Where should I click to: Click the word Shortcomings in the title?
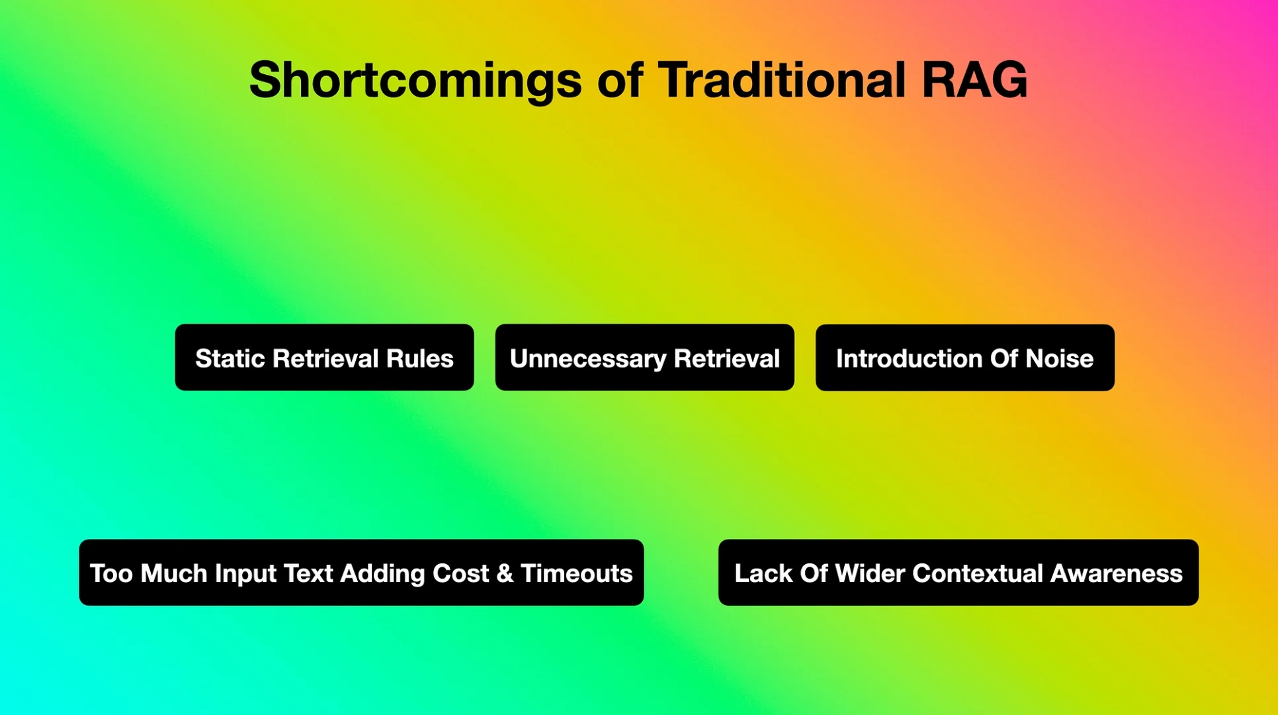coord(415,81)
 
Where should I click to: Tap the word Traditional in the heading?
coord(781,81)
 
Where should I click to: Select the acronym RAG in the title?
coord(974,81)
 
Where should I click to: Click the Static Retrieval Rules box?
coord(324,358)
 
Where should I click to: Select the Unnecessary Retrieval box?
coord(644,358)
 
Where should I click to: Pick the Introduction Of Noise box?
coord(964,358)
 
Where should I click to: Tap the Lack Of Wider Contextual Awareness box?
coord(958,573)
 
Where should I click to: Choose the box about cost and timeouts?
coord(361,573)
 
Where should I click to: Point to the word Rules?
coord(420,359)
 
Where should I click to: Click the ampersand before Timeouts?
coord(505,573)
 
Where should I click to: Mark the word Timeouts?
coord(576,573)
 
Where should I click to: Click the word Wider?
coord(869,573)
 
